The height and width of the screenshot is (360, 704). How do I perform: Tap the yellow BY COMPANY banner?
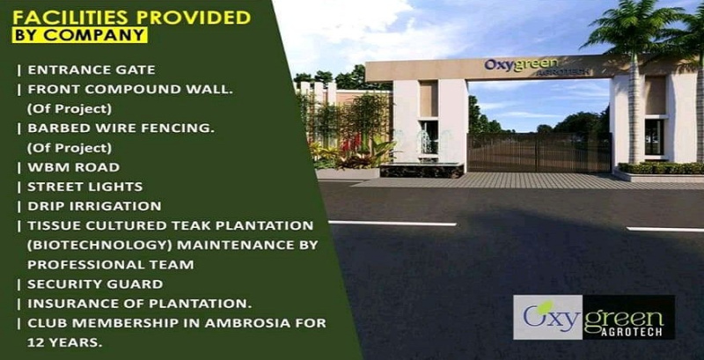click(x=79, y=36)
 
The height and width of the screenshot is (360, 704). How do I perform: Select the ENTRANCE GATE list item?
click(x=91, y=70)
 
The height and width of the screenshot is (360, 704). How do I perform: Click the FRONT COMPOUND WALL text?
click(x=123, y=89)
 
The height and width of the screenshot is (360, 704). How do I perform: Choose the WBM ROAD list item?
click(x=73, y=167)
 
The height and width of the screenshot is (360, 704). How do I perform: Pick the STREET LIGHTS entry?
click(x=85, y=187)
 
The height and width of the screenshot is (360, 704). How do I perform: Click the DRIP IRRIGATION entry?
click(x=94, y=206)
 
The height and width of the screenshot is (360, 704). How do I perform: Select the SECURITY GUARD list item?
click(x=95, y=284)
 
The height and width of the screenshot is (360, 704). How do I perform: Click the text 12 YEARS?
click(x=63, y=342)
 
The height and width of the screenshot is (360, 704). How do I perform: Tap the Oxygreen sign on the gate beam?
click(x=517, y=66)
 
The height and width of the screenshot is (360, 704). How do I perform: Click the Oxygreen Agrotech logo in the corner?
click(x=594, y=317)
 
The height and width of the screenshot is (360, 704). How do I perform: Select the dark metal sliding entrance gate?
click(x=538, y=151)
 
